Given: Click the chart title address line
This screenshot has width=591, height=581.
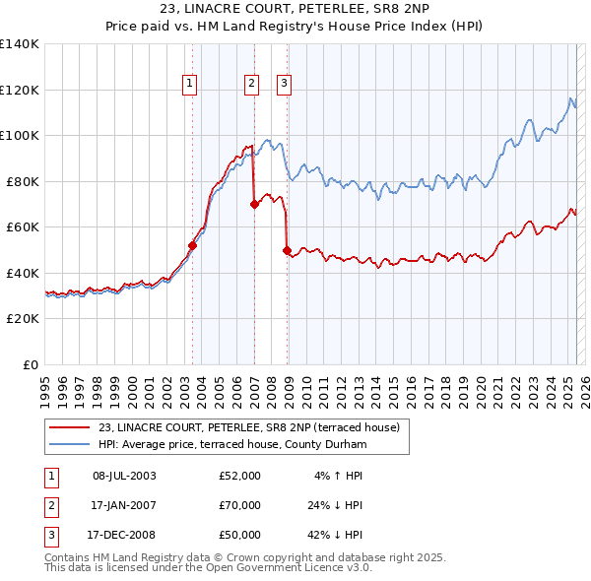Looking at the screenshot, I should tap(295, 9).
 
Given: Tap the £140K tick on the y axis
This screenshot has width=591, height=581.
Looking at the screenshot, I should tap(20, 44).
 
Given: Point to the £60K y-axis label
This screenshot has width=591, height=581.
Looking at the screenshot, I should tap(22, 227).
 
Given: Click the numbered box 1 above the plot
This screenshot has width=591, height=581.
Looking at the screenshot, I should tap(189, 85).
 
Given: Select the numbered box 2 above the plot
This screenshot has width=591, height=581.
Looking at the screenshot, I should tap(251, 85).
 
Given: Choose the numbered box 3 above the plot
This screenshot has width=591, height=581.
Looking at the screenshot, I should tap(284, 85).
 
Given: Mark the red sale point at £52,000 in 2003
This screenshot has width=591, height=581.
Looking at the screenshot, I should tap(193, 246).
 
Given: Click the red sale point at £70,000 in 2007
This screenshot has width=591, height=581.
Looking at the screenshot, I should tap(254, 205).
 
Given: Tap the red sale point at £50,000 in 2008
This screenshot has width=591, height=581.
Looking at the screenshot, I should tap(288, 251).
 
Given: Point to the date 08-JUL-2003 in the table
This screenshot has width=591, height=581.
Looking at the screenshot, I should tap(123, 476).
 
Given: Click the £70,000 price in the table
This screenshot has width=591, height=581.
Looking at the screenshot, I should tap(239, 505).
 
